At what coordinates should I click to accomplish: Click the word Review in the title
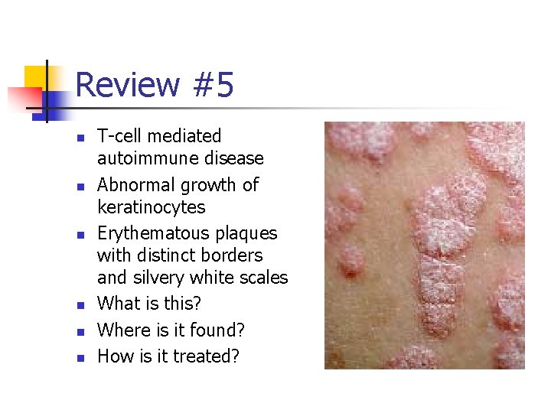click(x=127, y=85)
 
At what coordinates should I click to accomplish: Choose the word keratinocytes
click(x=152, y=207)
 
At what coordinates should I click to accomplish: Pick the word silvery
click(x=158, y=278)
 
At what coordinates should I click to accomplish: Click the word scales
click(x=262, y=278)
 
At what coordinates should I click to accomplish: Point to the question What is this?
click(x=149, y=304)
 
